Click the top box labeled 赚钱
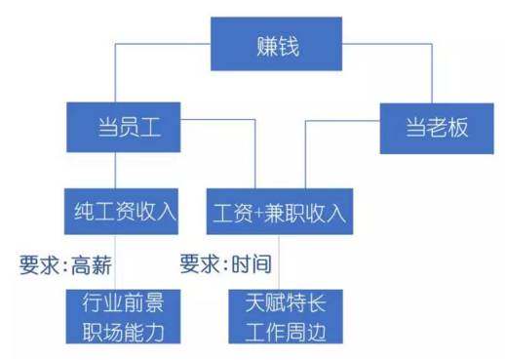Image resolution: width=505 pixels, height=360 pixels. [x=278, y=44]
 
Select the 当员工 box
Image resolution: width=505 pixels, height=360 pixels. [x=125, y=127]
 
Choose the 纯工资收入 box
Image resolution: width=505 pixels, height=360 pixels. [x=125, y=211]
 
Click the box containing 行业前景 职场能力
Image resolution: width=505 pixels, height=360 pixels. [x=124, y=316]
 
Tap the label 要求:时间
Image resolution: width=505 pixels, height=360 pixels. [x=225, y=263]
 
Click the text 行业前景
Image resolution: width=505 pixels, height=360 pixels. [x=124, y=301]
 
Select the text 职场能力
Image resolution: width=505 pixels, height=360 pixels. [x=124, y=332]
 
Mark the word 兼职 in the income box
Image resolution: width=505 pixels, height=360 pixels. [x=282, y=212]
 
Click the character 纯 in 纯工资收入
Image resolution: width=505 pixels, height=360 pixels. [x=84, y=211]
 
